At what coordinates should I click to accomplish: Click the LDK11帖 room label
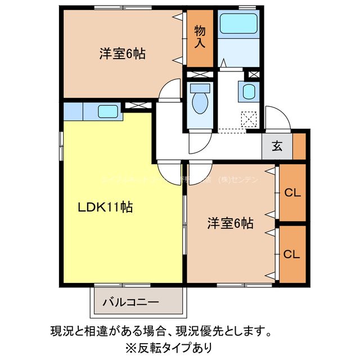tap(105, 207)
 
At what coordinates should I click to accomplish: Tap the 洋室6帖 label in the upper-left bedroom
tap(123, 54)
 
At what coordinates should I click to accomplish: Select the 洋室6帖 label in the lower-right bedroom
tap(229, 223)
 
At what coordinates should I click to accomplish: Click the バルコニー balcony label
tap(130, 302)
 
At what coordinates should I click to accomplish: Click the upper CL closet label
tap(292, 193)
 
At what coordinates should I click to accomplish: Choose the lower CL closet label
tap(292, 254)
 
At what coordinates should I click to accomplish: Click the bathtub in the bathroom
tap(238, 24)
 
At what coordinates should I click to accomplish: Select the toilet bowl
tap(199, 102)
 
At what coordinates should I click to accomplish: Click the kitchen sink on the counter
tap(107, 111)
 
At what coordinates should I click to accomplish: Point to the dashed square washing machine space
tap(249, 120)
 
